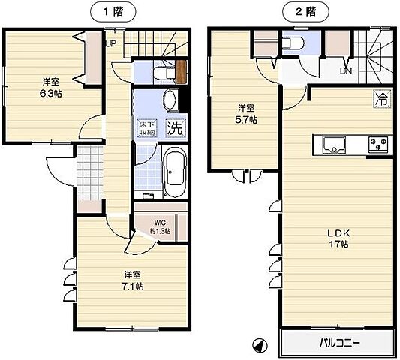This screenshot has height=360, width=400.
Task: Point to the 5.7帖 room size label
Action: click(245, 113)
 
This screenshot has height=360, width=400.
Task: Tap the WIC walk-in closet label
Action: click(158, 227)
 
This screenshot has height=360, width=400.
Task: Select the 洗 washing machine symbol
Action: click(175, 127)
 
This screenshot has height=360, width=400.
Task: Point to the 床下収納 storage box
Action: click(146, 128)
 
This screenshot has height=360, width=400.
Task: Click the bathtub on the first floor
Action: click(174, 173)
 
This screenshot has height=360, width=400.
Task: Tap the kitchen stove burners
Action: click(377, 142)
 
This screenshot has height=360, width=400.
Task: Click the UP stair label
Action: click(110, 43)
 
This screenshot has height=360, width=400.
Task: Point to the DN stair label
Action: click(345, 71)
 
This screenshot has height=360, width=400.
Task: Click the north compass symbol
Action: click(259, 344)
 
